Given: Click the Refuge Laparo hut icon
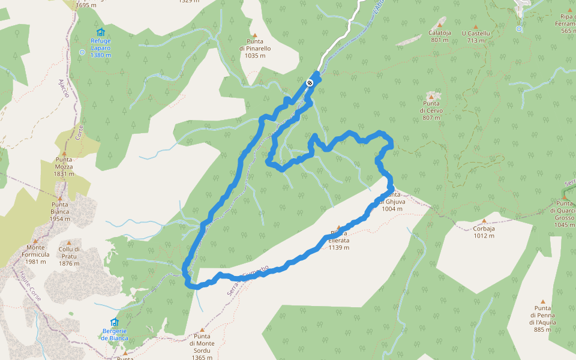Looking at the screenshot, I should point(100,32).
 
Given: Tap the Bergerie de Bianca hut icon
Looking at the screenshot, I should point(115,322).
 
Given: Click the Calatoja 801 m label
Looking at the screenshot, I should point(440,37).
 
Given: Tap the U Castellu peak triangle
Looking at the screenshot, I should point(476,26).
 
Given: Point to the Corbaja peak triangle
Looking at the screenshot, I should point(484,221).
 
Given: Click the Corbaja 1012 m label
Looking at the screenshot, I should point(484,232).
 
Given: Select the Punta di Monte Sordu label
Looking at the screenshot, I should point(202,347).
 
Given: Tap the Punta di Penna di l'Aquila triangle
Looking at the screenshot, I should point(543,302).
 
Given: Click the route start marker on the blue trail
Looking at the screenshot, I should point(310,83).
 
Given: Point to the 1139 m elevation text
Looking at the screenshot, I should point(339,247).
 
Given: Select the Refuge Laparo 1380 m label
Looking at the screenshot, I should point(100,48).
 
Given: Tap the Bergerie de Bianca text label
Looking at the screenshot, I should point(115,334).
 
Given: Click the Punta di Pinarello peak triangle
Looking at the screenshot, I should point(254,35).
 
